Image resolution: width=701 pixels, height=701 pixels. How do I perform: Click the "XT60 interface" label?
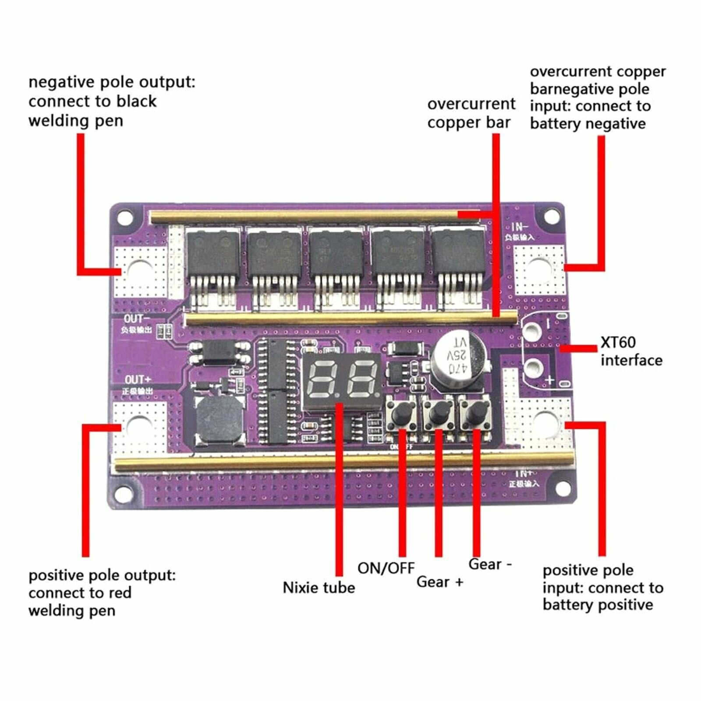[631, 351]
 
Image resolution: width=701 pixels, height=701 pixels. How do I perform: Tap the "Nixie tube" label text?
[319, 588]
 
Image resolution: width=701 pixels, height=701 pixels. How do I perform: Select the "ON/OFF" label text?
[386, 568]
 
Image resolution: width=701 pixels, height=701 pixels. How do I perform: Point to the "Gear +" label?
[439, 582]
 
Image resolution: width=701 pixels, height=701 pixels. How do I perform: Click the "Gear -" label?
[490, 564]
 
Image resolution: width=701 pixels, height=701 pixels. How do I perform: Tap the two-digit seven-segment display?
[342, 379]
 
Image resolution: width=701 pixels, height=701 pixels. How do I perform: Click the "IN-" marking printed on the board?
[520, 227]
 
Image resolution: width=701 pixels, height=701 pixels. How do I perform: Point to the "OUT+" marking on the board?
[138, 379]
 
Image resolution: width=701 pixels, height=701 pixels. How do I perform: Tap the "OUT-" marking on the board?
[136, 319]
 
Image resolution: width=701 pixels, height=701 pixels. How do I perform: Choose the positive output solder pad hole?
[139, 425]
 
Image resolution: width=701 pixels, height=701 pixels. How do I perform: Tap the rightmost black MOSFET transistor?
[458, 254]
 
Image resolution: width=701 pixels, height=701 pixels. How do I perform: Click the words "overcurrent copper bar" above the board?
[471, 113]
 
